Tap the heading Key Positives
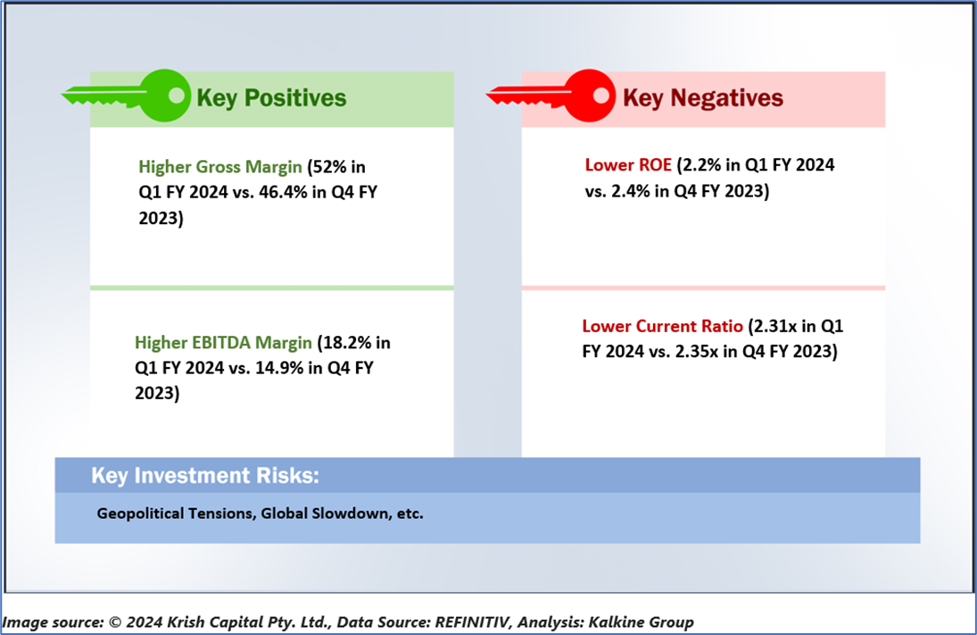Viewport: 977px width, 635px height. pyautogui.click(x=271, y=98)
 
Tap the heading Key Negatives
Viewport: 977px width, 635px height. pyautogui.click(x=703, y=98)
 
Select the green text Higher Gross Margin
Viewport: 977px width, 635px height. pyautogui.click(x=220, y=167)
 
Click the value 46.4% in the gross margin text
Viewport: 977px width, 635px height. pyautogui.click(x=283, y=192)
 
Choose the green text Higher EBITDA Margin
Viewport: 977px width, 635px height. pyautogui.click(x=223, y=342)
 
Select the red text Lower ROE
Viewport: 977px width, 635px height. pyautogui.click(x=628, y=164)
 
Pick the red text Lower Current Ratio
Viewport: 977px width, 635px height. pyautogui.click(x=662, y=326)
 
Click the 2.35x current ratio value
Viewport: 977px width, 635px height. pyautogui.click(x=697, y=351)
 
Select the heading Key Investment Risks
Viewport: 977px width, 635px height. pyautogui.click(x=205, y=475)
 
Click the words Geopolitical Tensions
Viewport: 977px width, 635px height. pyautogui.click(x=175, y=514)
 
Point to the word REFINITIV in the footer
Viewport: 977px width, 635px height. pyautogui.click(x=473, y=622)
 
